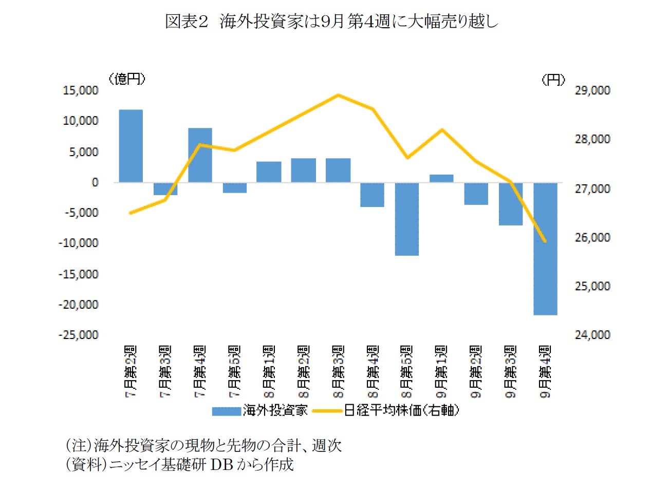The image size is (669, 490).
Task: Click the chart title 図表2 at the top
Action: pyautogui.click(x=331, y=22)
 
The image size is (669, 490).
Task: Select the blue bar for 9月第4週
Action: pyautogui.click(x=545, y=249)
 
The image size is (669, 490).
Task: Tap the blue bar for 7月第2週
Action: pyautogui.click(x=131, y=146)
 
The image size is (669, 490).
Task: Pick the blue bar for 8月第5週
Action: pyautogui.click(x=407, y=219)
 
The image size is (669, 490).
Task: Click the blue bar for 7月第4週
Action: pyautogui.click(x=200, y=155)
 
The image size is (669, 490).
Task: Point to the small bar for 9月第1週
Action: pyautogui.click(x=441, y=178)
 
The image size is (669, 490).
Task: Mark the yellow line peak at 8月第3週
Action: pyautogui.click(x=338, y=95)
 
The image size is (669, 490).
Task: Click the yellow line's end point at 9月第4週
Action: pyautogui.click(x=545, y=241)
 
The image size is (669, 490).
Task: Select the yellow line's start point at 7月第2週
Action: pyautogui.click(x=131, y=213)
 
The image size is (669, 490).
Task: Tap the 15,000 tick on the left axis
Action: pyautogui.click(x=80, y=90)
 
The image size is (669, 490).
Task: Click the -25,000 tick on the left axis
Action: pyautogui.click(x=78, y=335)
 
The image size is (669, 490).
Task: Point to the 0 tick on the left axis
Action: pyautogui.click(x=95, y=182)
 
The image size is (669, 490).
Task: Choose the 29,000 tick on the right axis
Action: pyautogui.click(x=592, y=90)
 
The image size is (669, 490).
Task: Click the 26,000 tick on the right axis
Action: pyautogui.click(x=592, y=237)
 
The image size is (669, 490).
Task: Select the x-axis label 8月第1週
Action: pyautogui.click(x=269, y=371)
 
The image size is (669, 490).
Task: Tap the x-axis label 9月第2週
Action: pyautogui.click(x=476, y=371)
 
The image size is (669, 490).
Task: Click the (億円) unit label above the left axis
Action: pyautogui.click(x=127, y=79)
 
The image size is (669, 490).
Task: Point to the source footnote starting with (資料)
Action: pyautogui.click(x=179, y=464)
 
